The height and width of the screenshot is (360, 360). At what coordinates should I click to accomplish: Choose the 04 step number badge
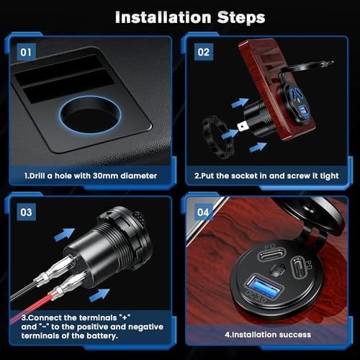tap(202, 212)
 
